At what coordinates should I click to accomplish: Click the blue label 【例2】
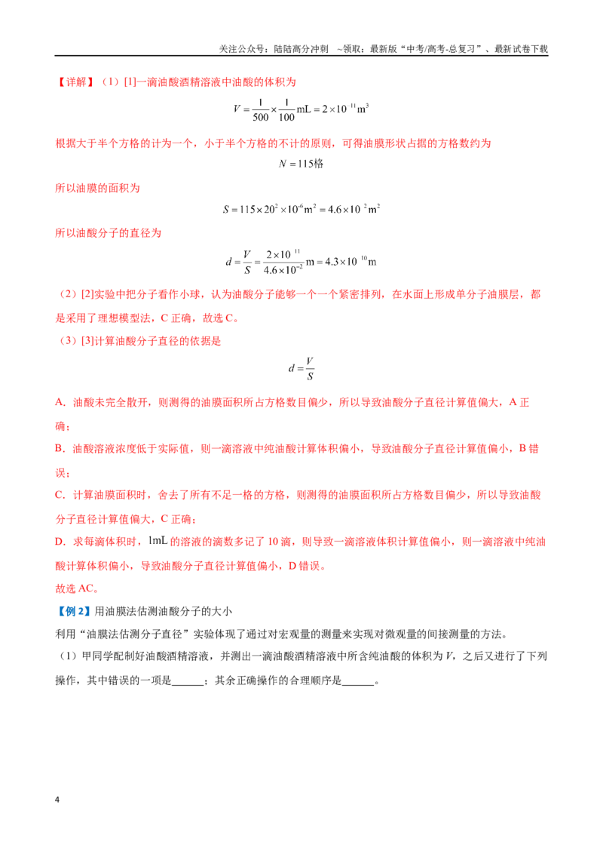(73, 611)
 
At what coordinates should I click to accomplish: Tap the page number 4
(57, 800)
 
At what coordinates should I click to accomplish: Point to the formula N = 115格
(301, 164)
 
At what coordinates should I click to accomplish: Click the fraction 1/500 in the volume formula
(261, 109)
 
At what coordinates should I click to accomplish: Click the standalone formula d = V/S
(301, 368)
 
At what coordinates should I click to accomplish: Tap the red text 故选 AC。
(77, 588)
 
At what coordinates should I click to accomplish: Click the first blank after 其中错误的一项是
(188, 680)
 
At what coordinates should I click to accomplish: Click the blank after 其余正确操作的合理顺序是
(358, 680)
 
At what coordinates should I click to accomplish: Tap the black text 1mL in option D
(158, 541)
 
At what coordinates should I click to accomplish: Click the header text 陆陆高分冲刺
(301, 49)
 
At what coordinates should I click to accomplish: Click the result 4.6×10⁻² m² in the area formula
(354, 209)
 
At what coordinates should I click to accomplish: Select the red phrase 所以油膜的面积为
(98, 189)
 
